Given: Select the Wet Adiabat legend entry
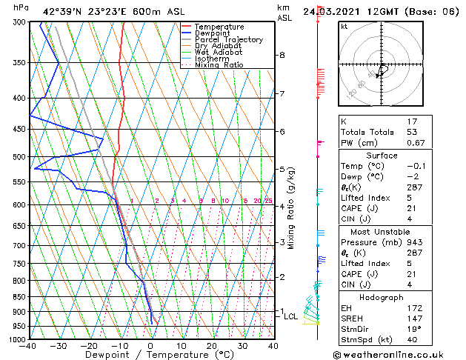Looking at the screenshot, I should (219, 53).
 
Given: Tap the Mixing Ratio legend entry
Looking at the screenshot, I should (219, 65).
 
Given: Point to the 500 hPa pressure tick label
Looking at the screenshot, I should (19, 157).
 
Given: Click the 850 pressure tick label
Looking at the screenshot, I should (19, 297).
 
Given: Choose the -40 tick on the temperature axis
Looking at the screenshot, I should (29, 346).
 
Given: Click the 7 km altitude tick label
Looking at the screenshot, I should (282, 94).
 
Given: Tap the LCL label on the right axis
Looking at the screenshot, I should (291, 316).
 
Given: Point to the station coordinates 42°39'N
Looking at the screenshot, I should (60, 11).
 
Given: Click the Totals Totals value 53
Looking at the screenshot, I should (413, 132).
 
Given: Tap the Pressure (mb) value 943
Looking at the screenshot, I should (413, 242).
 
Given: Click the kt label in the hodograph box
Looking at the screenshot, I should (344, 26).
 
